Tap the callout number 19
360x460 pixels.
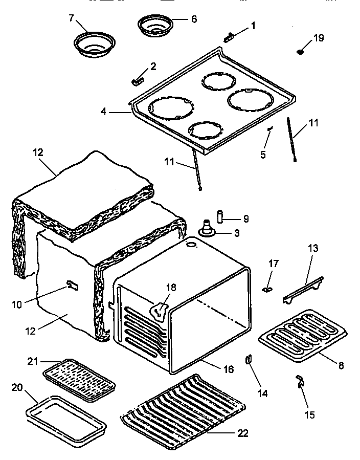click(x=319, y=38)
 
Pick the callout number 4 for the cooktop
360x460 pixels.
click(x=104, y=111)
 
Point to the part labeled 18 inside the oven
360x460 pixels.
click(x=160, y=310)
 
